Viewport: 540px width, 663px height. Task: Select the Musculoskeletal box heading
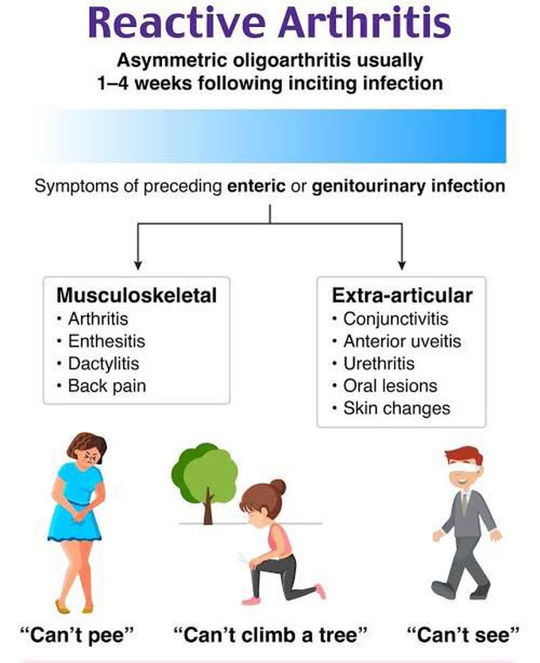tap(137, 295)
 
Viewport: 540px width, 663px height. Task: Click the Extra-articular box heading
tap(402, 295)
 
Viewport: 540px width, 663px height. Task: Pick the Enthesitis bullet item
tap(106, 342)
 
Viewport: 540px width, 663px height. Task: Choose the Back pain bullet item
tap(106, 387)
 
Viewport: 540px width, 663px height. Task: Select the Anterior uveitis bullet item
tap(402, 341)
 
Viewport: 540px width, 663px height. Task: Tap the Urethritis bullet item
tap(380, 364)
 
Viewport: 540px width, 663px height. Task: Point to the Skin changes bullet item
tap(396, 408)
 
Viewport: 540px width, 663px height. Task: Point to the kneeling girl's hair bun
tap(278, 486)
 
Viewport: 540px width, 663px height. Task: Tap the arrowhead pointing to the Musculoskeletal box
tap(139, 264)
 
